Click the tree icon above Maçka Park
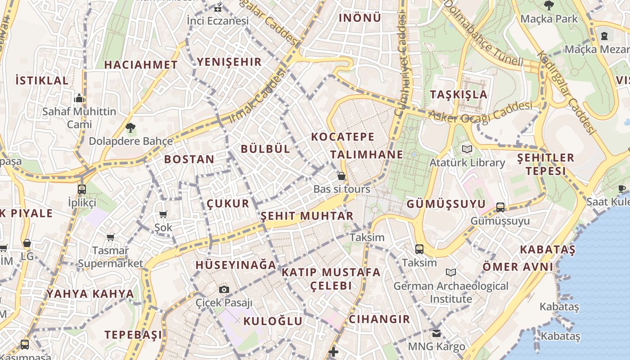click(x=549, y=5)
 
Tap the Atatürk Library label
click(x=467, y=162)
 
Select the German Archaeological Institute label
click(x=451, y=292)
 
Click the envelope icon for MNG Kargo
click(x=436, y=333)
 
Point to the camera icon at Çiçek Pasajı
click(x=224, y=289)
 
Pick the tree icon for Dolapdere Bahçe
click(x=130, y=128)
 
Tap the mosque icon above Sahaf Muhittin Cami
click(x=79, y=98)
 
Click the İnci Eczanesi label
click(x=218, y=21)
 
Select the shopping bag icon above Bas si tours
click(x=342, y=176)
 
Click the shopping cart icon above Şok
click(x=163, y=215)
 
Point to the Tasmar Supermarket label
click(x=111, y=257)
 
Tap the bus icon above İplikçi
click(x=81, y=189)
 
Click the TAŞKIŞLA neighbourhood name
click(x=459, y=94)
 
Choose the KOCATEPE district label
click(x=343, y=137)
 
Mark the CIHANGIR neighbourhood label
click(x=379, y=319)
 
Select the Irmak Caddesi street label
click(x=257, y=96)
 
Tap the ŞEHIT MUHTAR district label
click(x=307, y=216)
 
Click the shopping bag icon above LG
click(x=27, y=243)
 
